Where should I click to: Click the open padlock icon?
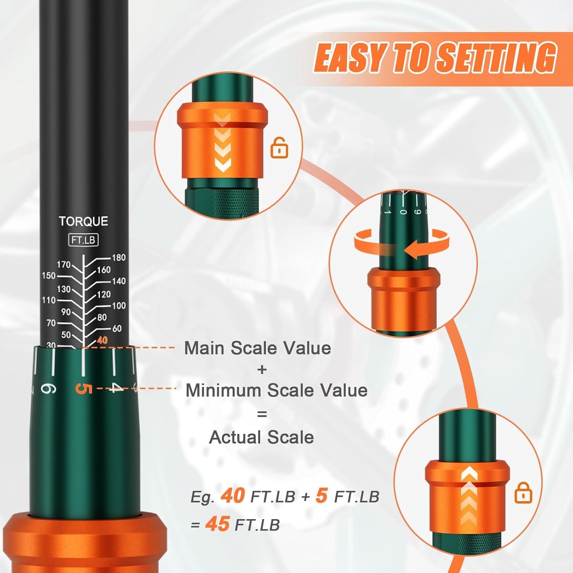(279, 148)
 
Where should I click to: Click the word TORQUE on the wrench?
(83, 221)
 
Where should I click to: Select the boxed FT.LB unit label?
(83, 240)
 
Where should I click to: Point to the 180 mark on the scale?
(118, 257)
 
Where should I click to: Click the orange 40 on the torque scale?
(102, 340)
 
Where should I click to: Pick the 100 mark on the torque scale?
(119, 306)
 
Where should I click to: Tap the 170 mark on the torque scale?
(64, 264)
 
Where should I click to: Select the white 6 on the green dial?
(49, 389)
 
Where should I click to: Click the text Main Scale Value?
(257, 348)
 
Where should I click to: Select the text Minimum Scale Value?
(276, 390)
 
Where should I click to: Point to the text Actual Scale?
(261, 437)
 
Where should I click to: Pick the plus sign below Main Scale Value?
(262, 369)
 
